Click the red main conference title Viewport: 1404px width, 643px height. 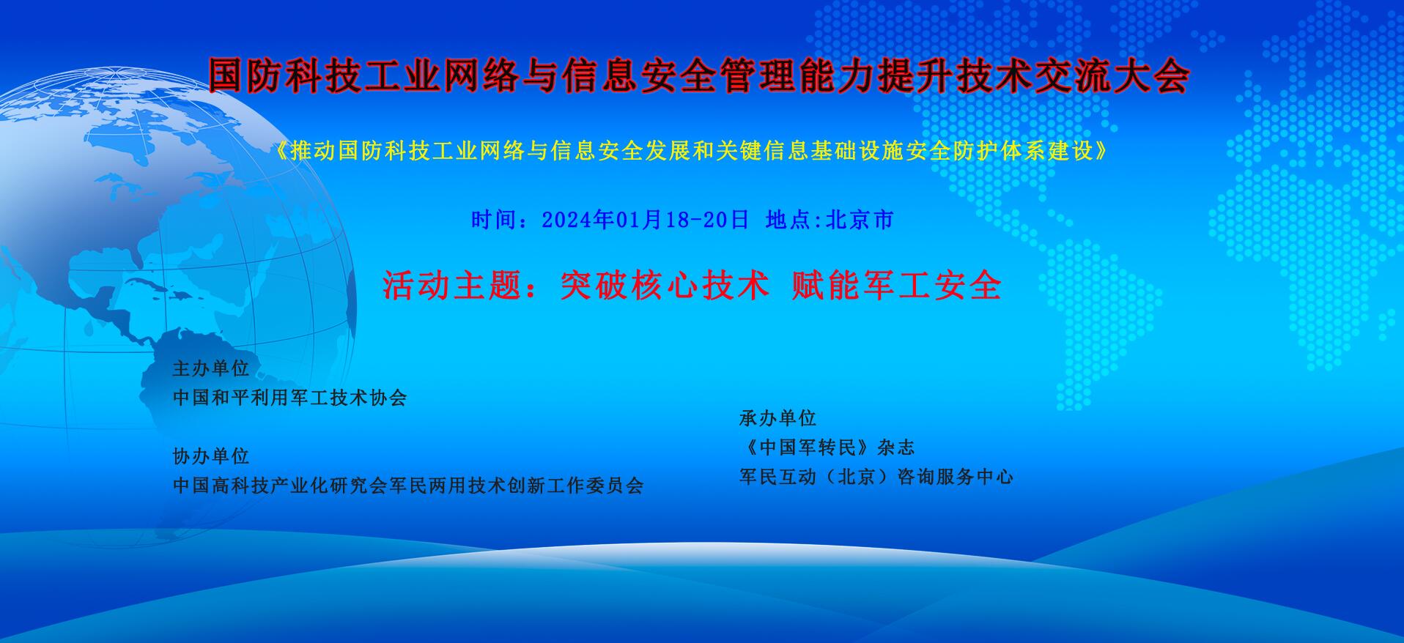698,76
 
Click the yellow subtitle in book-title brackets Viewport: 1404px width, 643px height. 692,151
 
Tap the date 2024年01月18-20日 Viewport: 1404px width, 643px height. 645,219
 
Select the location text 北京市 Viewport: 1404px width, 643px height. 860,219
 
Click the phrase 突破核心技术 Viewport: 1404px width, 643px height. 665,285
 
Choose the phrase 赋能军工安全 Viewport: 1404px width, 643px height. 897,285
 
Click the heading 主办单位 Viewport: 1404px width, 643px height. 211,368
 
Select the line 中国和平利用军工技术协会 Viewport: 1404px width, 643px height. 289,398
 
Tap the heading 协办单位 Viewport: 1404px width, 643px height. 211,456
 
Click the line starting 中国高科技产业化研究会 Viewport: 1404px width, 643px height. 408,486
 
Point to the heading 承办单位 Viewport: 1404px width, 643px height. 777,418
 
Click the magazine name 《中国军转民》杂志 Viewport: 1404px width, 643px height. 827,447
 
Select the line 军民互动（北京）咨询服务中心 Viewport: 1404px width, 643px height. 876,477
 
